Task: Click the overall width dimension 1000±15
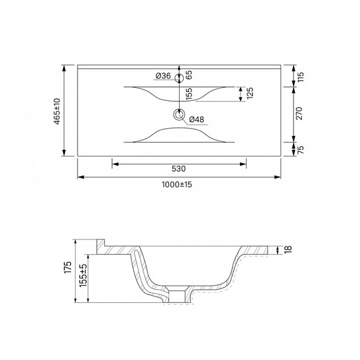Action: [177, 184]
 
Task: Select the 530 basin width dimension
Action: [178, 169]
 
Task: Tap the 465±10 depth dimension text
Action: [57, 111]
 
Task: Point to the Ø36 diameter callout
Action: [163, 76]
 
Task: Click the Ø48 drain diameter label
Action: [196, 119]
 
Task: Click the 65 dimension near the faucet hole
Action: [189, 75]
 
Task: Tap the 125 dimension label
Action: [250, 93]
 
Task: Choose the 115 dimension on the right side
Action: [300, 77]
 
